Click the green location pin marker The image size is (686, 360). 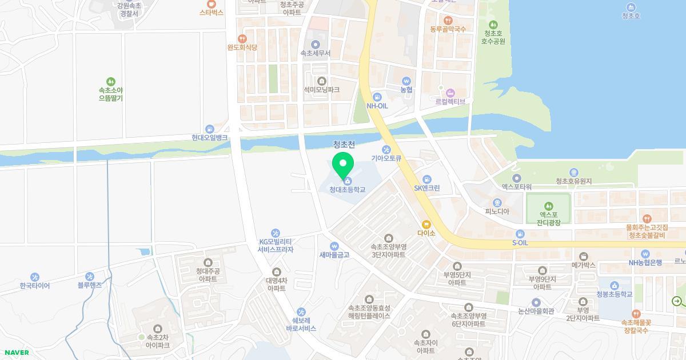tap(343, 166)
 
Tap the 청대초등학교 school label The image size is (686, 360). tap(347, 190)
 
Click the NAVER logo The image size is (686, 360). tap(15, 353)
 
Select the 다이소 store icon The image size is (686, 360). tap(426, 225)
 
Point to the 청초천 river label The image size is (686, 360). tap(344, 145)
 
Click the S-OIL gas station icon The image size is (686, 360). tap(520, 234)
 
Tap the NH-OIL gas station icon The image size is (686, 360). tap(377, 97)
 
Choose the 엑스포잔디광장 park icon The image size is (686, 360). tap(549, 206)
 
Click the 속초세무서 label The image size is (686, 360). tap(316, 53)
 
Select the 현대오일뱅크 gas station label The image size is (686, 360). tap(210, 138)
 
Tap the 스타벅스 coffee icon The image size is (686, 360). tap(212, 4)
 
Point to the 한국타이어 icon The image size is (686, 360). tap(35, 277)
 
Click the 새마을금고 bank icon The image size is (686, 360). tap(334, 247)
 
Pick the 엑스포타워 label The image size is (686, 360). tap(517, 187)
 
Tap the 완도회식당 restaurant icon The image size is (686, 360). tap(242, 39)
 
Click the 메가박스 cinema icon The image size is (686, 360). tap(584, 257)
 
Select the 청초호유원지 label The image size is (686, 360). tap(573, 181)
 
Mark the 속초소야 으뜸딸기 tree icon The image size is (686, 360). tap(111, 82)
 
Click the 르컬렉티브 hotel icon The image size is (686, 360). tap(450, 93)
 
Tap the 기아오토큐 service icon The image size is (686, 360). tap(386, 150)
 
